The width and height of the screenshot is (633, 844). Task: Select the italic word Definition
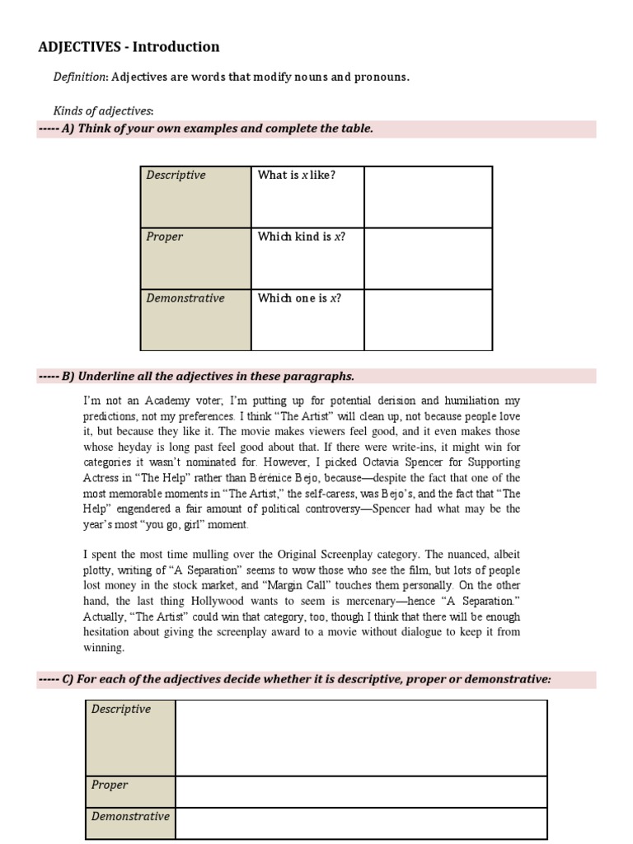pos(80,77)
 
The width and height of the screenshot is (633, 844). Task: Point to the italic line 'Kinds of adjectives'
pos(103,110)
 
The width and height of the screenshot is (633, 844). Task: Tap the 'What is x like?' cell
pos(297,175)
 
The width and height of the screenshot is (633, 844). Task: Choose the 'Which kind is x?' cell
pos(301,237)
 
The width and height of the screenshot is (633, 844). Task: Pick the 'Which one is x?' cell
pos(299,298)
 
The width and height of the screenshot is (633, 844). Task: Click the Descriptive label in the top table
pos(176,175)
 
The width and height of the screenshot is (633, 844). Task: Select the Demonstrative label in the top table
pos(185,298)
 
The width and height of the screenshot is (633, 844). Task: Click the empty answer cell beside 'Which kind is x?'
pos(428,258)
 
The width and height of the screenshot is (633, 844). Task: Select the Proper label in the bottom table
pos(110,785)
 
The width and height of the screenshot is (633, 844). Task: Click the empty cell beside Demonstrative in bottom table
pos(361,823)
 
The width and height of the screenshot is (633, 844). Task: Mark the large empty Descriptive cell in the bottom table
pos(361,738)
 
